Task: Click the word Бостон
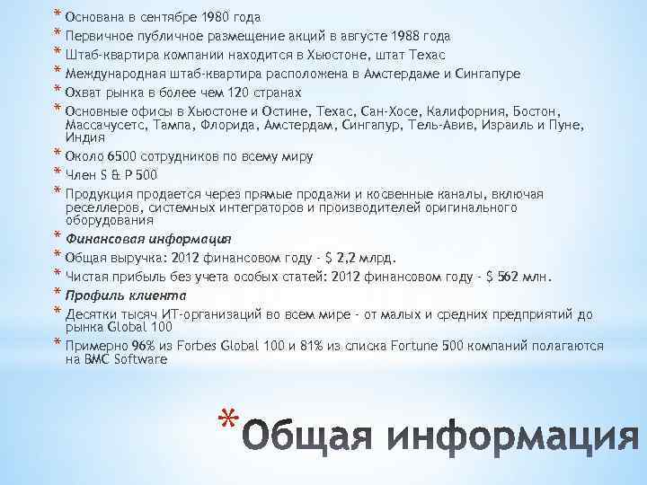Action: [x=533, y=111]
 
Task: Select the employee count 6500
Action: [x=137, y=156]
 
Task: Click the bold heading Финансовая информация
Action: [x=149, y=238]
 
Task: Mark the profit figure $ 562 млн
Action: [x=522, y=275]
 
